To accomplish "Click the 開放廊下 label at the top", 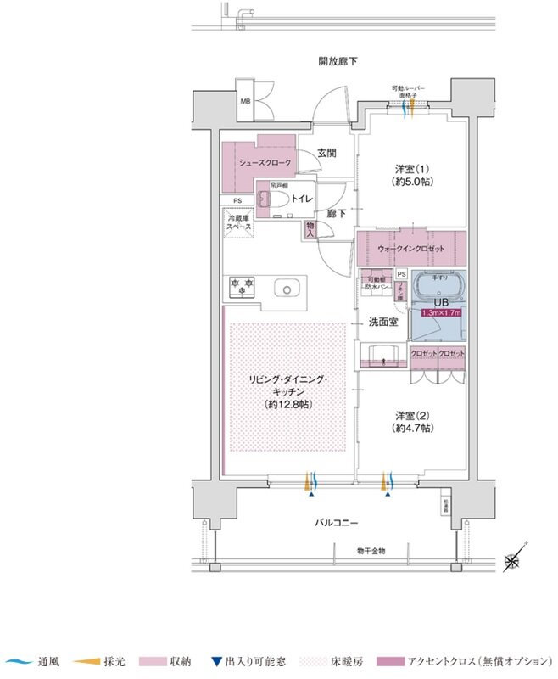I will point(338,61).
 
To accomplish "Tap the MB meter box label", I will point(245,103).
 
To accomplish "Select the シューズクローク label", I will point(265,162).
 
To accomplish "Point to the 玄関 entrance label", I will point(327,154).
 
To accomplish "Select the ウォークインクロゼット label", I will point(410,249).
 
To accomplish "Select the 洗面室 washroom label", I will point(383,323).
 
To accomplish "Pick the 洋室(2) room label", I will point(413,422).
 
